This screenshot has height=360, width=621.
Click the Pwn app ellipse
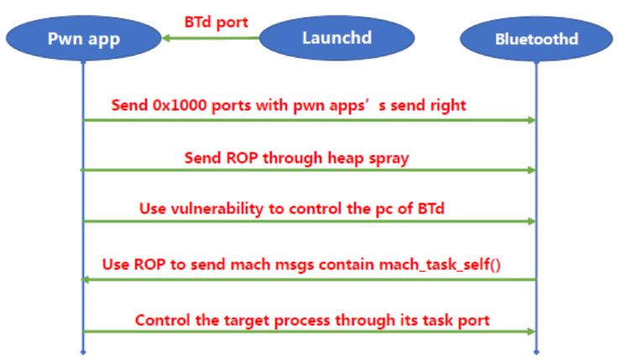click(x=82, y=39)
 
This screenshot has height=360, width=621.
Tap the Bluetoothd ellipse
click(x=535, y=39)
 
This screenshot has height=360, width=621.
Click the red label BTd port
click(x=217, y=22)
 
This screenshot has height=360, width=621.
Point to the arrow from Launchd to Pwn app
click(x=210, y=38)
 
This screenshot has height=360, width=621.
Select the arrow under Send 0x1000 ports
click(x=309, y=121)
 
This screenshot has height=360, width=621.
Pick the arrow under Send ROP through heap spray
click(x=309, y=170)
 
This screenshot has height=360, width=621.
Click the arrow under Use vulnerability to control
click(x=309, y=222)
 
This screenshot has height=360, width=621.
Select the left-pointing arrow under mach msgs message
click(x=309, y=280)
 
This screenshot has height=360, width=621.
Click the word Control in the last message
click(x=161, y=320)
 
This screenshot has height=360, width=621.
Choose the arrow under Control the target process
click(x=309, y=331)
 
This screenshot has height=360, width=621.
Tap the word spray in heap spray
click(x=390, y=157)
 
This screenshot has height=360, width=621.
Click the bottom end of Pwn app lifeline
click(x=82, y=351)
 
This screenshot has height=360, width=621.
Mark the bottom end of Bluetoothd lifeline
click(x=535, y=351)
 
